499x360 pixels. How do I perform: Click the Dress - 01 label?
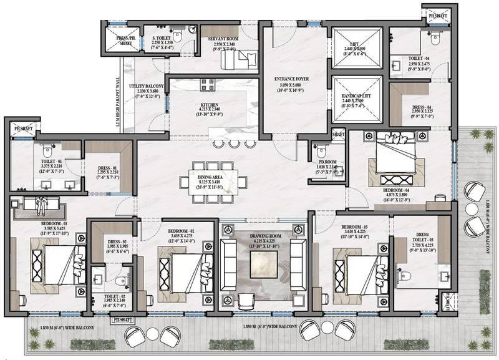pos(107,167)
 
